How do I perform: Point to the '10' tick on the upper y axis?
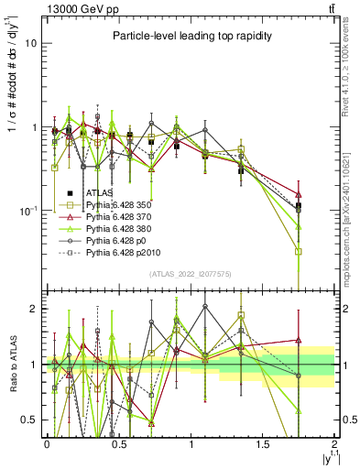tap(31, 43)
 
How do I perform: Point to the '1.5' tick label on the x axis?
tap(263, 444)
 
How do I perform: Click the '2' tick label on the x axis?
tap(335, 444)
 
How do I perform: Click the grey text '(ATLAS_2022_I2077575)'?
tap(191, 274)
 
